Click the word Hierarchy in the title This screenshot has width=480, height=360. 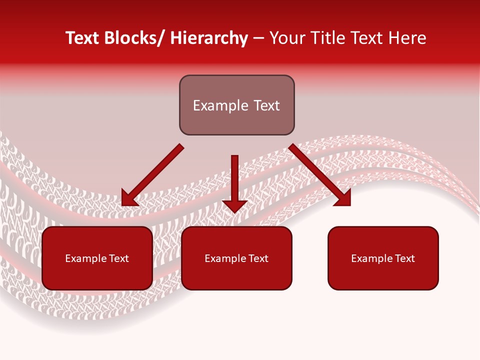click(209, 38)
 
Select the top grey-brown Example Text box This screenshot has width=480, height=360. click(236, 105)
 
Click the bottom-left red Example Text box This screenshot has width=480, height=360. click(97, 258)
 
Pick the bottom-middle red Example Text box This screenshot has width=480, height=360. click(236, 258)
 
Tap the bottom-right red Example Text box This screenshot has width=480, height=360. click(383, 258)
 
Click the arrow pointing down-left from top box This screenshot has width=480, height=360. click(152, 175)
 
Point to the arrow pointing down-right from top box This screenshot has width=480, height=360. click(320, 175)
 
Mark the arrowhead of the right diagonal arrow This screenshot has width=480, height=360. click(344, 199)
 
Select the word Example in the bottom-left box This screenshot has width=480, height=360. click(85, 258)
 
